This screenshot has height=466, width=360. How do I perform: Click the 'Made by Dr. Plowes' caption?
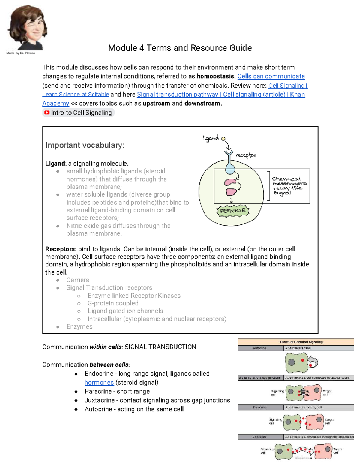click(21, 53)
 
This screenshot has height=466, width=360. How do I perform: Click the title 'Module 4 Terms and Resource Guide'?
click(180, 48)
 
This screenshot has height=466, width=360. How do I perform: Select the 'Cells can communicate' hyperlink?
click(271, 76)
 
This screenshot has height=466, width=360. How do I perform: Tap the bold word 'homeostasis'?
click(215, 76)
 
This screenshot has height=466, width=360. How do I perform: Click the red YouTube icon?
click(47, 113)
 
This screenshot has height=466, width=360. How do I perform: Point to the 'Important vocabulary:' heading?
click(85, 145)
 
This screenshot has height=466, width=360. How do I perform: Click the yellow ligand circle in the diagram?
click(223, 139)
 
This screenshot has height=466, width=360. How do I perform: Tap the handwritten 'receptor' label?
click(246, 155)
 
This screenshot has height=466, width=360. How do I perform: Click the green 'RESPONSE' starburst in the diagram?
click(232, 211)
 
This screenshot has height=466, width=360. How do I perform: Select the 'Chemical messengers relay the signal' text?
click(289, 186)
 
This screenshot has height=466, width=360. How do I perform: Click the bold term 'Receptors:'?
click(61, 249)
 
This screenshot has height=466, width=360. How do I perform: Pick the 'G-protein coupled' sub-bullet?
click(113, 303)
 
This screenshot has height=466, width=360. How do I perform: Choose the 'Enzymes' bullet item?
click(79, 326)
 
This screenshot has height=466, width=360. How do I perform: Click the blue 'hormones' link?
click(99, 383)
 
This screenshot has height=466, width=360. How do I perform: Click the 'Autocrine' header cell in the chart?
click(260, 348)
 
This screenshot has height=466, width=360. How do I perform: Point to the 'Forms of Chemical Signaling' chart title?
click(301, 342)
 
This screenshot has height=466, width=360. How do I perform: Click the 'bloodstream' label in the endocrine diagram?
click(303, 458)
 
